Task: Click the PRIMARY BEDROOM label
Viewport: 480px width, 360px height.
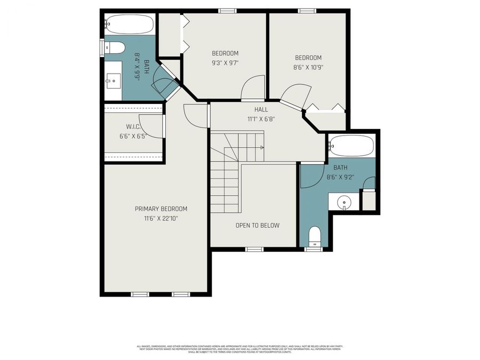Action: point(161,209)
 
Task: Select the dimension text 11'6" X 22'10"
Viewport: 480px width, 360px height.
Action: point(161,218)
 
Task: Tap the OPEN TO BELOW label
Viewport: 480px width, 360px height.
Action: point(258,225)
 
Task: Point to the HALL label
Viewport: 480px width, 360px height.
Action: point(261,109)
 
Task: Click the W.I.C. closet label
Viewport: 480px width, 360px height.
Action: point(133,126)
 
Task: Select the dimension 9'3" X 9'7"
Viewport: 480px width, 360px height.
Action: point(225,62)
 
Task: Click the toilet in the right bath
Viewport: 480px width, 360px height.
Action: point(314,235)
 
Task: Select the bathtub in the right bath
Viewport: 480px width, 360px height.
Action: point(351,145)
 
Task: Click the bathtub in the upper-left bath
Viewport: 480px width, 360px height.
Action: point(129,24)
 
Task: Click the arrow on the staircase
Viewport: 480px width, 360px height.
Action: point(261,147)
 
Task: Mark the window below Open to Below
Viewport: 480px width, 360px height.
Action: point(254,249)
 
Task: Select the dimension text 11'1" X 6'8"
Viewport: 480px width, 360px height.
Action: point(261,119)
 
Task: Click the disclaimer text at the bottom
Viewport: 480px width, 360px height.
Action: point(240,348)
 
